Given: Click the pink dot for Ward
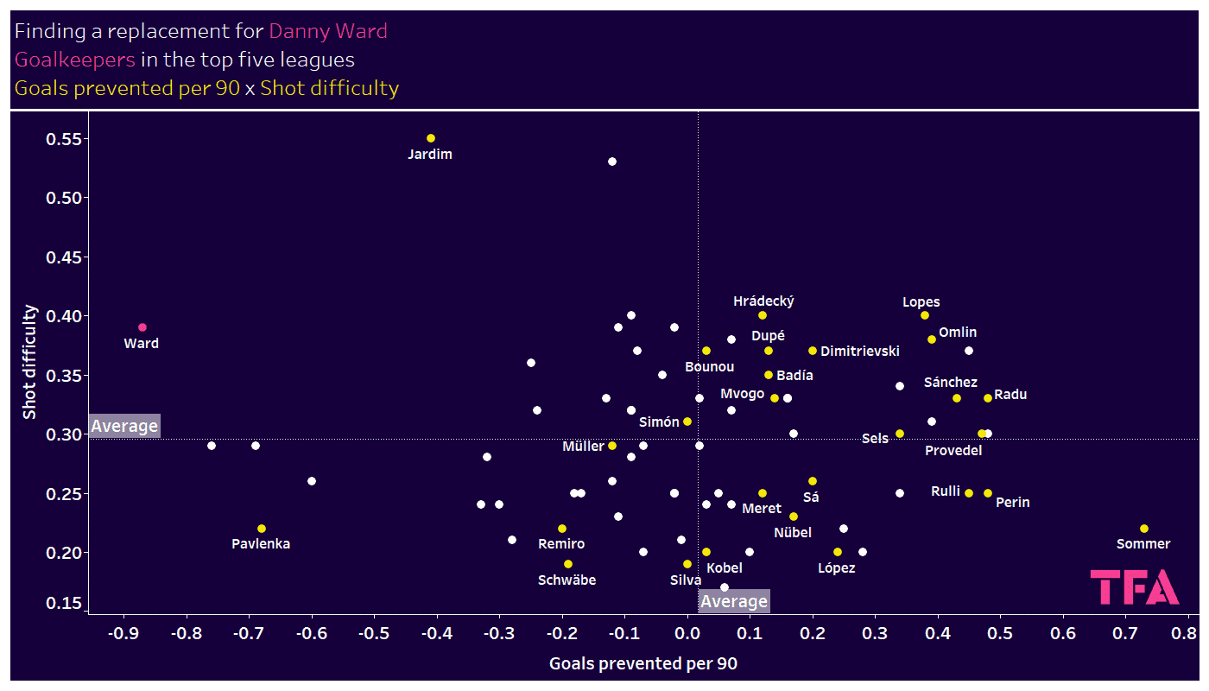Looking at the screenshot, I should click(x=142, y=327).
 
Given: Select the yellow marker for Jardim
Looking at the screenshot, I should click(x=431, y=138).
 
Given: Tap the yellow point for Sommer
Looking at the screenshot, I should click(x=1144, y=529).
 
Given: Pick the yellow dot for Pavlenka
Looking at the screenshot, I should click(x=262, y=529).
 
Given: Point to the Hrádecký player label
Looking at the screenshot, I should click(x=763, y=301).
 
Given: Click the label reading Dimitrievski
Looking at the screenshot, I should click(x=860, y=352).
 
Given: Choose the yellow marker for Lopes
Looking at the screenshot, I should click(x=925, y=315).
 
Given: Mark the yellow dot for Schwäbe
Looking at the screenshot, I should click(x=568, y=564).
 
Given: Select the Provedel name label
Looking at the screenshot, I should click(x=953, y=450).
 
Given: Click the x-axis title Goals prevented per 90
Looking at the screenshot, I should click(x=643, y=664).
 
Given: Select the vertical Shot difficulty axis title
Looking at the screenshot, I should click(x=30, y=362).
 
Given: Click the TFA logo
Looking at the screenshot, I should click(x=1135, y=587).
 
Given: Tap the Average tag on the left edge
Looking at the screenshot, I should click(x=124, y=426).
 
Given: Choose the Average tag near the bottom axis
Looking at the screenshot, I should click(x=733, y=601).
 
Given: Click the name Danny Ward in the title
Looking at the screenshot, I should click(x=328, y=32).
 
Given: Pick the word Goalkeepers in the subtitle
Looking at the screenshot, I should click(x=75, y=60).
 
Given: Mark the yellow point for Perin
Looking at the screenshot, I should click(x=988, y=493).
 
